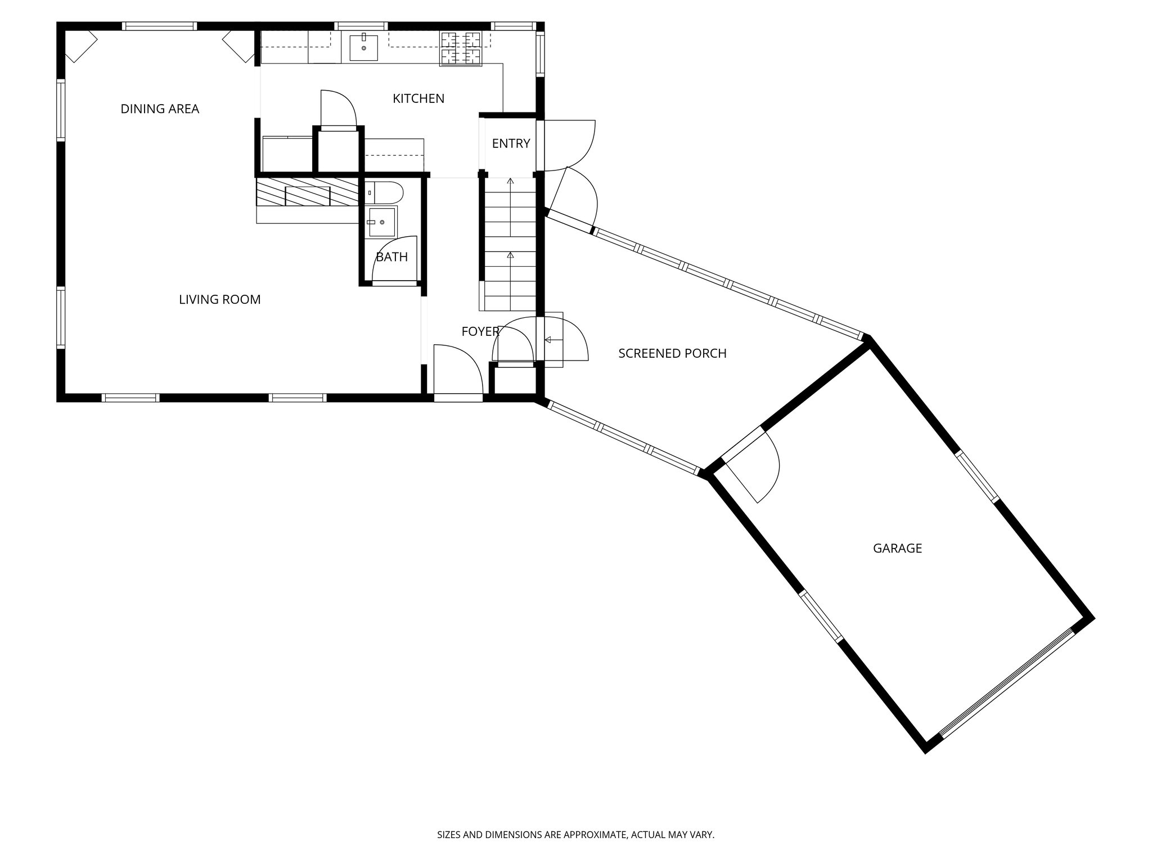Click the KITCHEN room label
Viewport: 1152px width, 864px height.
point(418,99)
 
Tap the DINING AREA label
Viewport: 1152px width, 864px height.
point(160,109)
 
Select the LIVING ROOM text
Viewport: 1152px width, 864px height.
point(219,300)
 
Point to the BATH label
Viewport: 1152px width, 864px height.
point(391,258)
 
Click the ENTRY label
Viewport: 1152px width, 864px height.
point(511,144)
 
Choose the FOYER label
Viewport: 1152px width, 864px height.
point(480,332)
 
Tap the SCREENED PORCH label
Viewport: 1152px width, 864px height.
point(672,354)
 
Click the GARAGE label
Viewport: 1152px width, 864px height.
point(897,548)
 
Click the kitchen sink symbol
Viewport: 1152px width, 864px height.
point(363,47)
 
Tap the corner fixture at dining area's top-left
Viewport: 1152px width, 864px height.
point(80,45)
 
